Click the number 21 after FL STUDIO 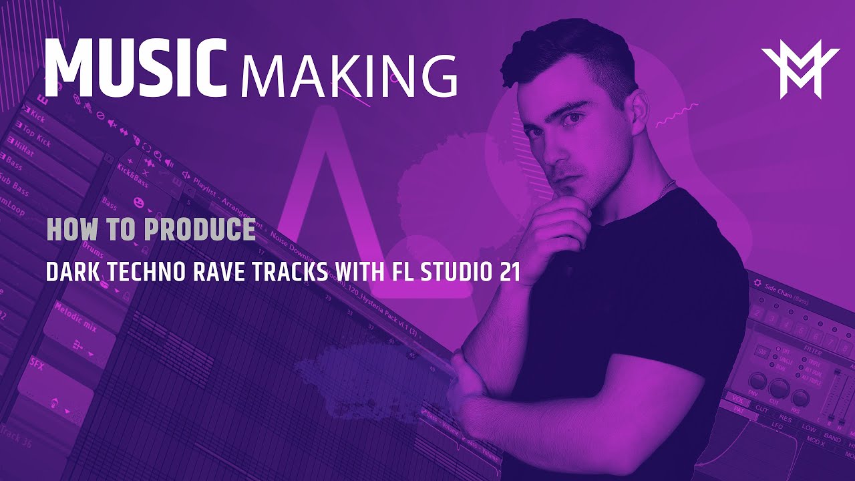[508, 273]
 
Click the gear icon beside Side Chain [757, 283]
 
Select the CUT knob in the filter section [778, 388]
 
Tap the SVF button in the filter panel [762, 350]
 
